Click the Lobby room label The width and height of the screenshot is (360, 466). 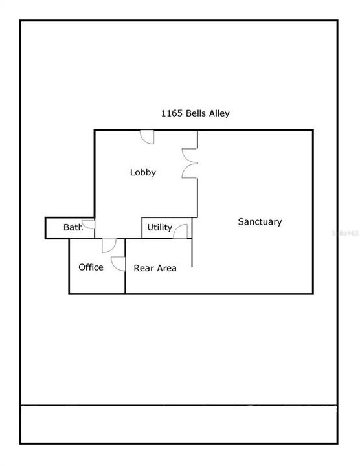click(x=142, y=172)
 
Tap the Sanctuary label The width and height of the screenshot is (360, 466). click(x=260, y=222)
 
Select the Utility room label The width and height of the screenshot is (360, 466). click(x=160, y=227)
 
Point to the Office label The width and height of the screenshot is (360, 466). click(x=91, y=267)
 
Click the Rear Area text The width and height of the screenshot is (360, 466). click(x=155, y=268)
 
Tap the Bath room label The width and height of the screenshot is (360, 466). click(x=73, y=227)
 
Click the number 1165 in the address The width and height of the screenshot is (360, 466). click(x=172, y=113)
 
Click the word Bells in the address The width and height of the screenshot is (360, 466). click(x=196, y=113)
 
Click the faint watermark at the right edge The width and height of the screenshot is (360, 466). click(x=346, y=233)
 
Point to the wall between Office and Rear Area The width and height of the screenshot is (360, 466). click(x=125, y=266)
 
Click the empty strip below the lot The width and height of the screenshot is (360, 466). click(x=179, y=425)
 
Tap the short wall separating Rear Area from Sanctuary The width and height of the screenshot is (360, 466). click(x=192, y=252)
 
